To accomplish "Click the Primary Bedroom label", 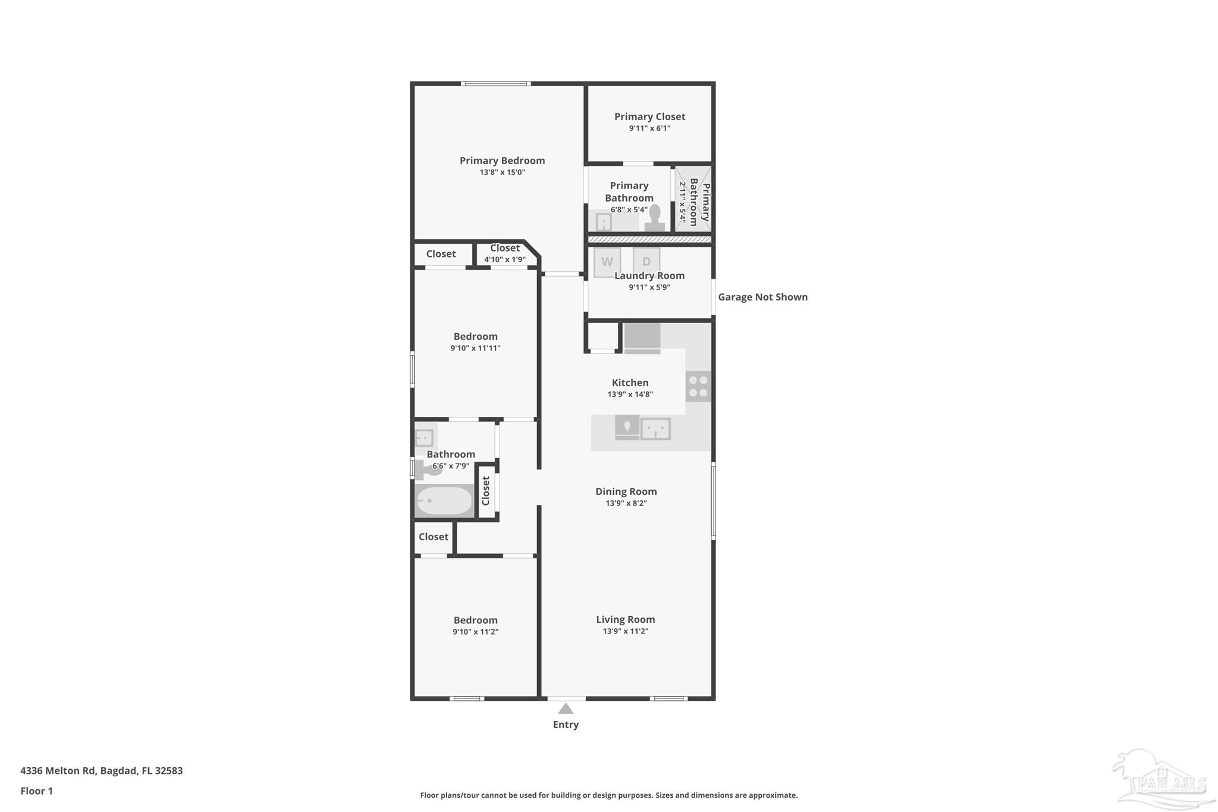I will click(502, 161).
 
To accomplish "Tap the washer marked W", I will click(607, 262).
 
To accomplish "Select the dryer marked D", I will click(646, 262).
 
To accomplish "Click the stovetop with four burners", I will click(698, 386).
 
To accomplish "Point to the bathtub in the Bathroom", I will click(444, 501).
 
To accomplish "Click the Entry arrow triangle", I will click(566, 709).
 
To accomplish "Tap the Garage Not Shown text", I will click(762, 297).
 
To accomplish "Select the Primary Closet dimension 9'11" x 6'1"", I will click(649, 128).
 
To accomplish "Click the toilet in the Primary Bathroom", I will click(655, 218).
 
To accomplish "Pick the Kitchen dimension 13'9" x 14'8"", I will click(630, 394).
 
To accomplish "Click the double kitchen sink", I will click(655, 428).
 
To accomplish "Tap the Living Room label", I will click(625, 619).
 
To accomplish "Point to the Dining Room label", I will click(626, 491).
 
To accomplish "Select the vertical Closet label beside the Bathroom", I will click(486, 491).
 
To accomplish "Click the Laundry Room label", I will click(649, 275).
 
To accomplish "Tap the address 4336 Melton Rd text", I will click(101, 770).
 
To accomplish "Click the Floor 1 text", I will click(36, 791).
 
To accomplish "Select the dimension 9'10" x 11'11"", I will click(475, 348).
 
